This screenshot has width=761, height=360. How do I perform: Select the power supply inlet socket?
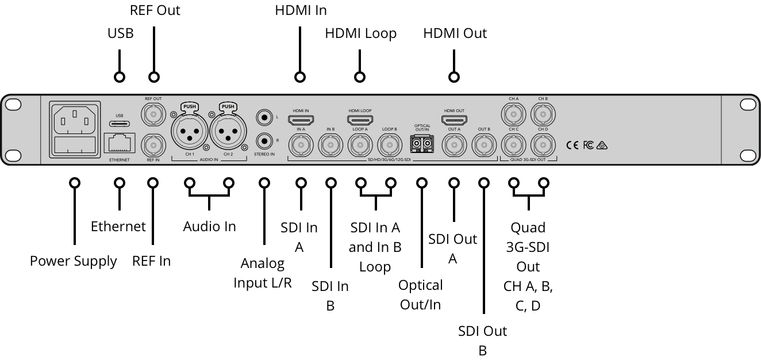click(74, 121)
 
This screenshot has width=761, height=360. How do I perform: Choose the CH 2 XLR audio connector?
click(228, 132)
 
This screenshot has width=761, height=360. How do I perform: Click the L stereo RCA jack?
click(264, 117)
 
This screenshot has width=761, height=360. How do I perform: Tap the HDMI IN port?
click(301, 120)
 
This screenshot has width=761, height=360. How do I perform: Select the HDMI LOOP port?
click(360, 120)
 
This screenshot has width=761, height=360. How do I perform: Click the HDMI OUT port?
click(454, 120)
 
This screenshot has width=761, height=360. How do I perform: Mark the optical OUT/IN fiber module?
click(422, 143)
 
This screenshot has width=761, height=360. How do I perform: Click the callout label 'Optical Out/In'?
click(421, 294)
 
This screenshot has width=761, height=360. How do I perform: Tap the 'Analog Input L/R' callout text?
click(263, 273)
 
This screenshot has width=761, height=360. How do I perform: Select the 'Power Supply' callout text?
click(74, 261)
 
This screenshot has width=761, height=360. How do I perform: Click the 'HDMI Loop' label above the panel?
click(360, 33)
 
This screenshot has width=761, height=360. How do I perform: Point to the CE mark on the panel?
click(572, 145)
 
